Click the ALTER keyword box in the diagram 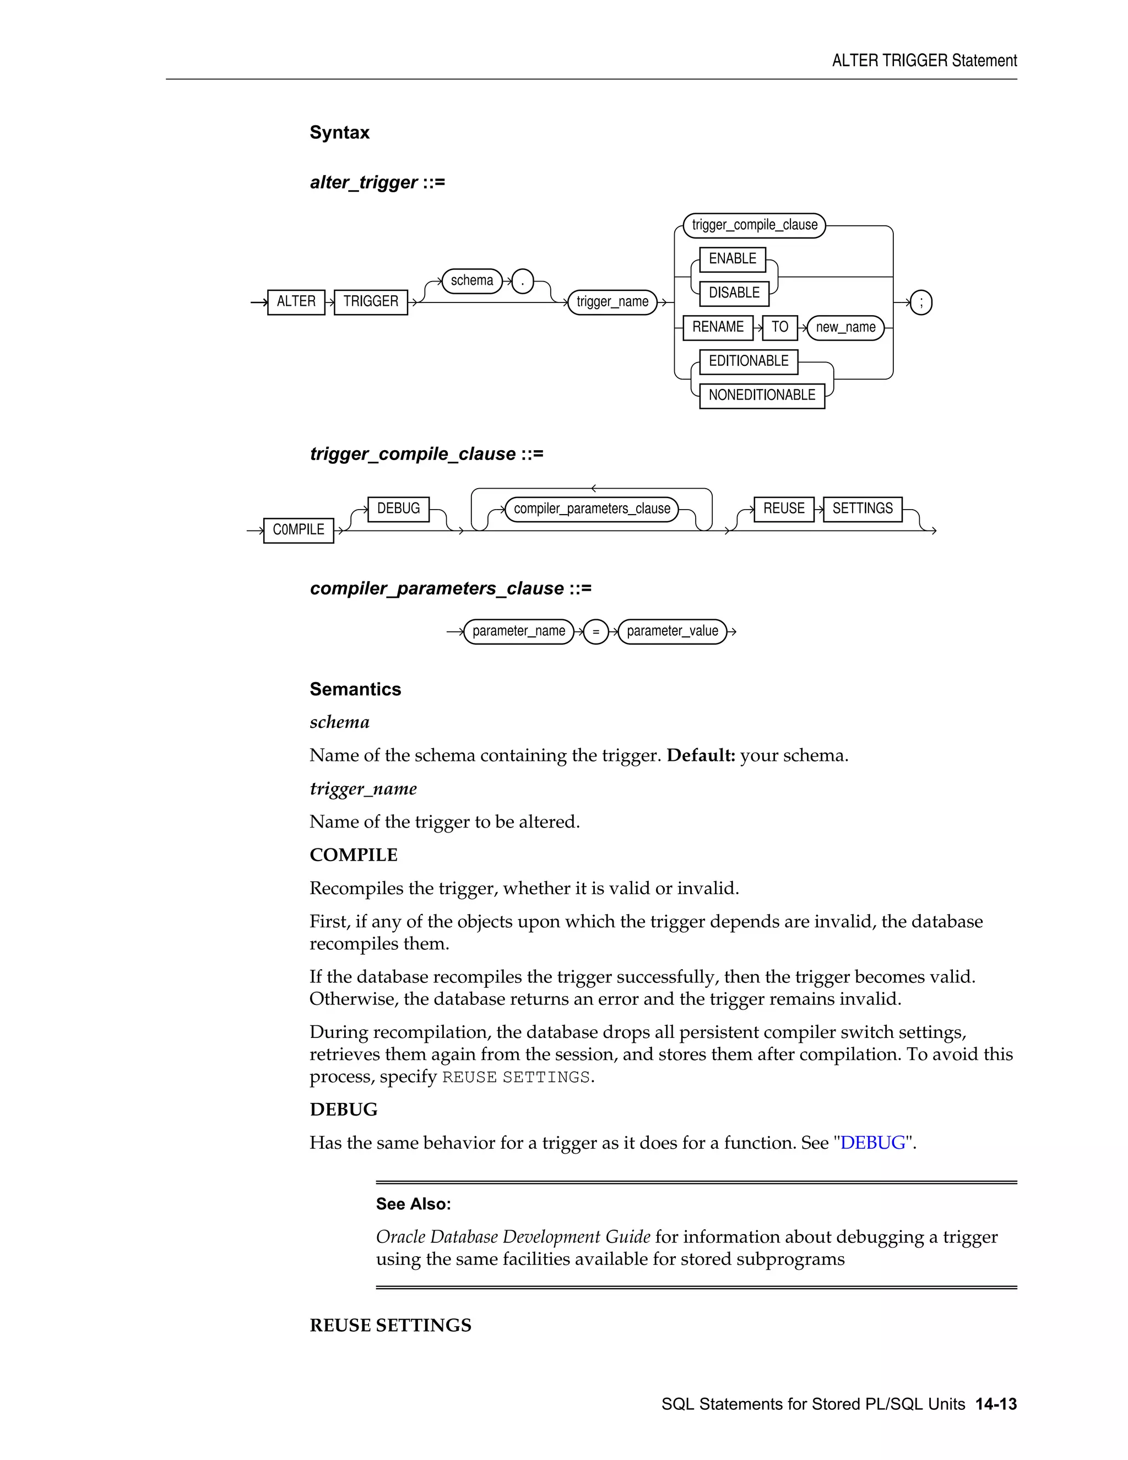click(296, 302)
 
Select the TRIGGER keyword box click(371, 302)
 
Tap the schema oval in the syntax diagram click(472, 281)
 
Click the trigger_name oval click(612, 302)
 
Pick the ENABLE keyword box click(733, 259)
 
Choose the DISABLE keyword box click(734, 294)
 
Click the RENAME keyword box click(718, 328)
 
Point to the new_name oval click(845, 328)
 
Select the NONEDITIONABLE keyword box click(762, 396)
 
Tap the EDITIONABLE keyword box click(749, 361)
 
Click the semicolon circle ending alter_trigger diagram click(921, 303)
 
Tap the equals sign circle click(595, 632)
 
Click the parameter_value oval click(673, 632)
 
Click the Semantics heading click(355, 689)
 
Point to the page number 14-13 click(996, 1404)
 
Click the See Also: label click(413, 1204)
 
